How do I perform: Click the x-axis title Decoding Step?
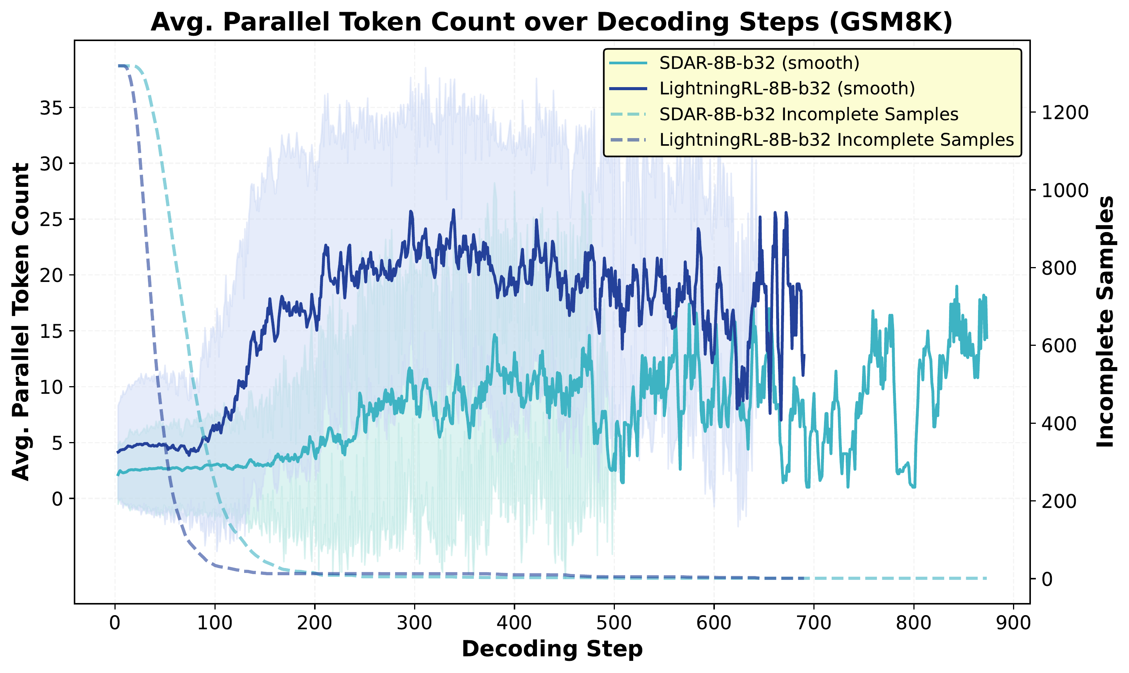[x=552, y=649]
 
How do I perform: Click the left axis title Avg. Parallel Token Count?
[x=21, y=321]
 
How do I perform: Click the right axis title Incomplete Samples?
[x=1105, y=321]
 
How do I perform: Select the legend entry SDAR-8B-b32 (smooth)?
[x=759, y=63]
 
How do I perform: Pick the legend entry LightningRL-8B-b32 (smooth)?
[x=787, y=88]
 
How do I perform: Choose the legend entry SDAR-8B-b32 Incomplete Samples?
[x=808, y=114]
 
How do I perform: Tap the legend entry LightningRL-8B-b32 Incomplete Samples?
[x=836, y=140]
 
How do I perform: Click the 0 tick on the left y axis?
[x=57, y=499]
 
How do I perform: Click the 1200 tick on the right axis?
[x=1065, y=113]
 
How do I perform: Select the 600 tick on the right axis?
[x=1059, y=345]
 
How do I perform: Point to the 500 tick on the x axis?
[x=614, y=624]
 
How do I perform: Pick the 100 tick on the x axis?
[x=214, y=624]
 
